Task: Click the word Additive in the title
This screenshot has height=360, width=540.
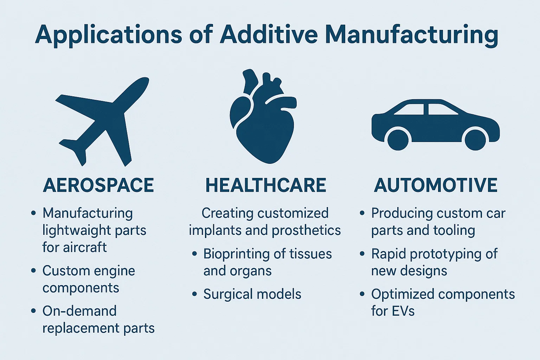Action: [x=269, y=34]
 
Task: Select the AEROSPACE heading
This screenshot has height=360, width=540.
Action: [x=98, y=185]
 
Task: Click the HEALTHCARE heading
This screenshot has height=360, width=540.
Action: [x=266, y=185]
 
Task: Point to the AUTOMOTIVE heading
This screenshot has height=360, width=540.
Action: [x=436, y=185]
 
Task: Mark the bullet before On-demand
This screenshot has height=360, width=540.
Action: [x=33, y=311]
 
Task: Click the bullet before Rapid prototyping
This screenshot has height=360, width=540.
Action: [x=362, y=253]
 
